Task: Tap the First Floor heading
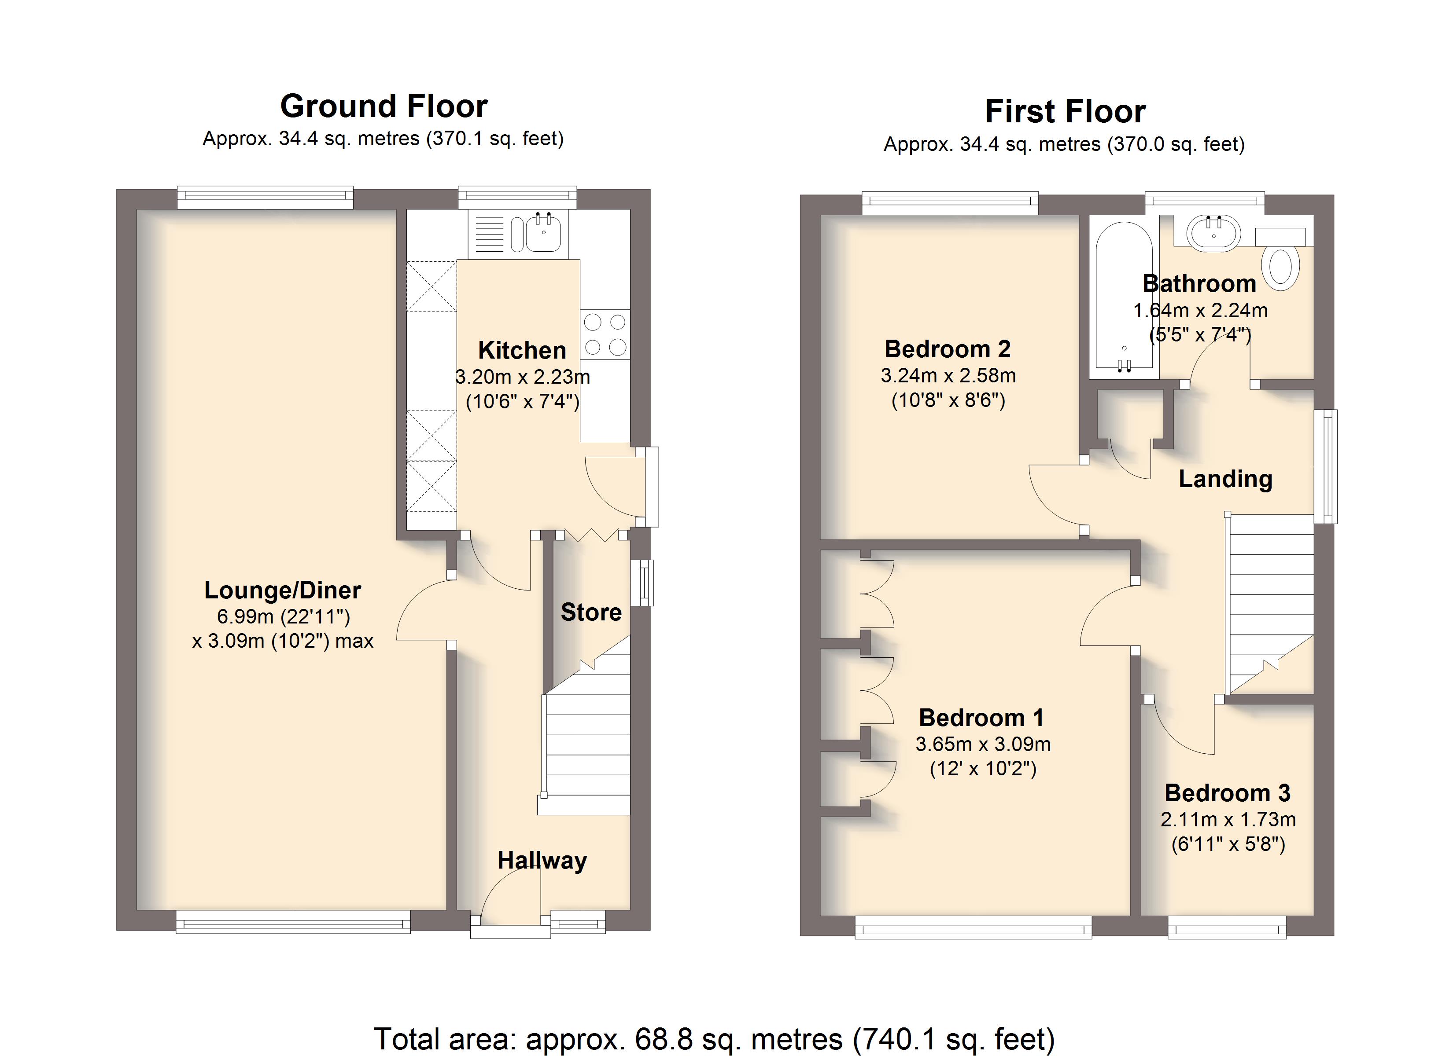tap(1066, 111)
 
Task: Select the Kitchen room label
tap(522, 350)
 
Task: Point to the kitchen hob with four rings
tap(605, 334)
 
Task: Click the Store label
tap(591, 612)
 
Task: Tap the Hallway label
tap(542, 861)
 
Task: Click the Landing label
tap(1225, 479)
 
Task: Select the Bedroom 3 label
tap(1228, 793)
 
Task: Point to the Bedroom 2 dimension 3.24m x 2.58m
tap(948, 375)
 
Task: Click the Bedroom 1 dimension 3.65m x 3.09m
tap(983, 744)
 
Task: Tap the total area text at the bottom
tap(714, 1039)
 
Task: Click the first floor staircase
tap(1270, 604)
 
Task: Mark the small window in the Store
tap(642, 583)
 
